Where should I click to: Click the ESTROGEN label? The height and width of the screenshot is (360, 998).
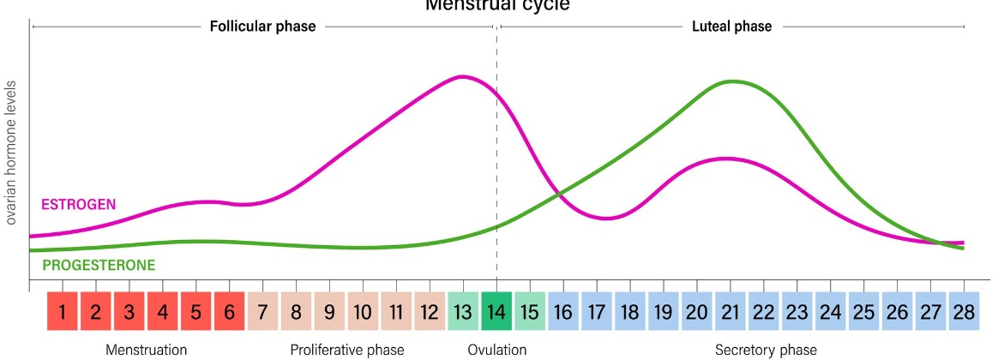point(78,204)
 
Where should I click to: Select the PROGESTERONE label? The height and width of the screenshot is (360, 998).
point(99,266)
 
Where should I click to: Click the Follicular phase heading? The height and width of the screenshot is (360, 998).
point(262,27)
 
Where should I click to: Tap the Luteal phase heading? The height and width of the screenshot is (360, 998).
point(731,27)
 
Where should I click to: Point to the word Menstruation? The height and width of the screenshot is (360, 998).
point(146,350)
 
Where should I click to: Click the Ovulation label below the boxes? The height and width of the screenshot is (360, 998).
point(497,350)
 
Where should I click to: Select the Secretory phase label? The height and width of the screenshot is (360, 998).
point(766,350)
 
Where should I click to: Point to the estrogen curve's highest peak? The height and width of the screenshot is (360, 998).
point(463,76)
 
